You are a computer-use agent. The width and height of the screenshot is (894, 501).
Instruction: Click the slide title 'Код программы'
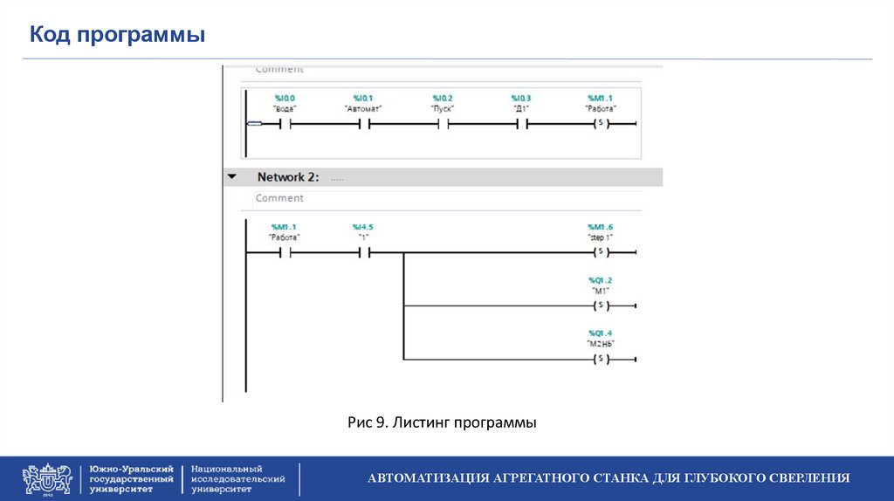tap(118, 36)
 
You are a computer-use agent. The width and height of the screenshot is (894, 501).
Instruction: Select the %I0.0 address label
tap(285, 98)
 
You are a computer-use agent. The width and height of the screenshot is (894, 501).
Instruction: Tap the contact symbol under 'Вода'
tap(285, 124)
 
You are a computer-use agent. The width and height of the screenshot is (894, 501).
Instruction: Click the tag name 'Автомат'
tap(363, 109)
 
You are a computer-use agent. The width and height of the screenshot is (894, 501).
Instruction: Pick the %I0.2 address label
tap(443, 98)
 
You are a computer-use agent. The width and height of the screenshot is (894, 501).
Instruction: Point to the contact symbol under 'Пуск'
tap(443, 124)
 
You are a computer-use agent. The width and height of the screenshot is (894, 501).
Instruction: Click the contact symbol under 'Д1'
tap(521, 124)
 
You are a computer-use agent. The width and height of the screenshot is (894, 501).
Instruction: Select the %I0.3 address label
tap(521, 98)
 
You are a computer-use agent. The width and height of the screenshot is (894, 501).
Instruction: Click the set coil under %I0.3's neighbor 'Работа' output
tap(600, 124)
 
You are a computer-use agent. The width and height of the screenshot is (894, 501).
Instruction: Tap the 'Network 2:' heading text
tap(288, 177)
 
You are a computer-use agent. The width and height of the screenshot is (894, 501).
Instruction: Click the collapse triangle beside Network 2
tap(232, 177)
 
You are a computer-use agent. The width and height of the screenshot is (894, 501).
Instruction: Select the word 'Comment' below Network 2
tap(279, 198)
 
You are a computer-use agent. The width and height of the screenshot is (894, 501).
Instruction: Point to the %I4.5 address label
tap(363, 226)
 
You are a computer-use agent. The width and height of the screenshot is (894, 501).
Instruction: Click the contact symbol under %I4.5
tap(363, 253)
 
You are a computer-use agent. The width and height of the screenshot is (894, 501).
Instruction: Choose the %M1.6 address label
tap(601, 226)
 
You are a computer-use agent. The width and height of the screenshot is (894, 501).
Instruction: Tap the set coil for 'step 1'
tap(600, 253)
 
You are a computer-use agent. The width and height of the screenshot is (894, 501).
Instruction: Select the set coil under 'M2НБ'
tap(600, 359)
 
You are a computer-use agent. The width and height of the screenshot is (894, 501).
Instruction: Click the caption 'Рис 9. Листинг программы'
tap(442, 423)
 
